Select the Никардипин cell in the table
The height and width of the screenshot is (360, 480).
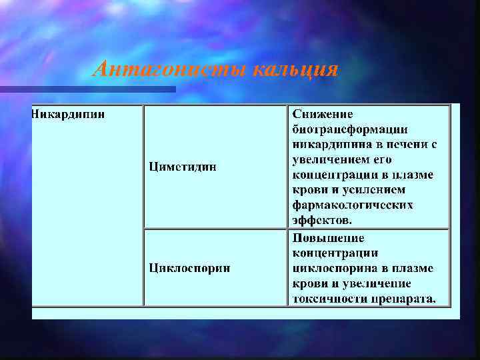68,114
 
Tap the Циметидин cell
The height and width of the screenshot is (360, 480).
182,167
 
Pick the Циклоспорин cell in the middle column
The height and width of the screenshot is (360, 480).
189,268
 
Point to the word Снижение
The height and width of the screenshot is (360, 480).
323,115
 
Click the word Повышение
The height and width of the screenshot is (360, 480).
328,238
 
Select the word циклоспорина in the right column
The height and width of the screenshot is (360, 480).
330,268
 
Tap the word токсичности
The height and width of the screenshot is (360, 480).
323,298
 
